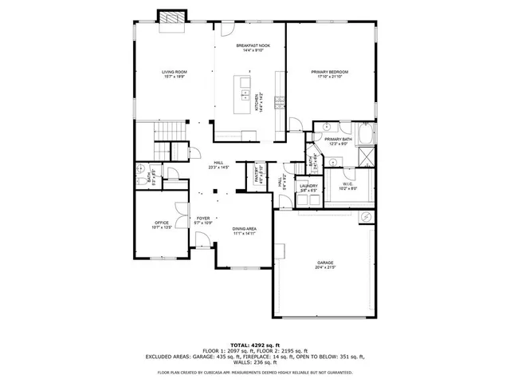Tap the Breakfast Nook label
tap(253, 48)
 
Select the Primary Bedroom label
tap(329, 74)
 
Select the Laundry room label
tap(308, 188)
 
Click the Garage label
tap(324, 263)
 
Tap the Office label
tap(162, 225)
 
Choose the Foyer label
tap(203, 219)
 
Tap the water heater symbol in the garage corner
tap(366, 217)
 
